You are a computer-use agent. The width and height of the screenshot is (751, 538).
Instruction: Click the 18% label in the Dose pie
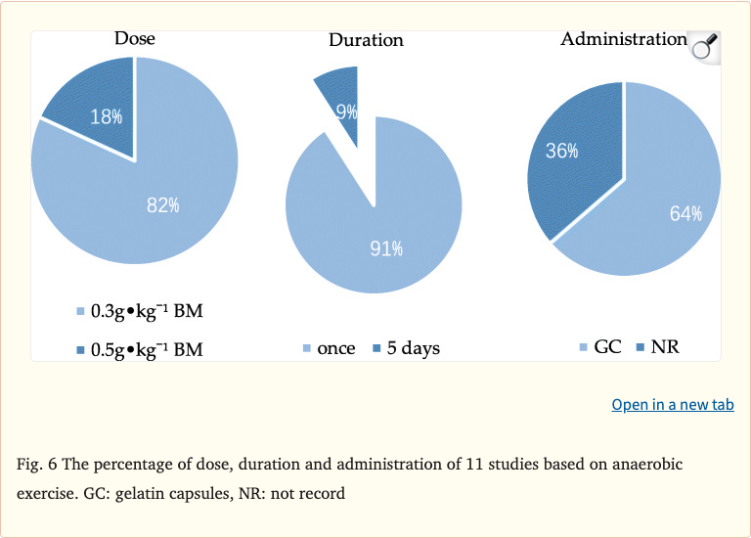[106, 116]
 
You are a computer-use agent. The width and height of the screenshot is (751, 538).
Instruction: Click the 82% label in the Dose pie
[162, 204]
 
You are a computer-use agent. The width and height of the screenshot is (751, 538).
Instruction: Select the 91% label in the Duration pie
[386, 248]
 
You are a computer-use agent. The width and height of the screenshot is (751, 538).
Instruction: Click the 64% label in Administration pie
[685, 214]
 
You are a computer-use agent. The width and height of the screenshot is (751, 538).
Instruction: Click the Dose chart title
[135, 39]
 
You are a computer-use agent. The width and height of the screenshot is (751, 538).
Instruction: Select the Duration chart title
[366, 40]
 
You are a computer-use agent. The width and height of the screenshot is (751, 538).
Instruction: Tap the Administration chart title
[623, 39]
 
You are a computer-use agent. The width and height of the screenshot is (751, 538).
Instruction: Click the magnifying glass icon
[704, 46]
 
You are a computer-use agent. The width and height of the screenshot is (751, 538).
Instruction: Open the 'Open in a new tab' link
[672, 404]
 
